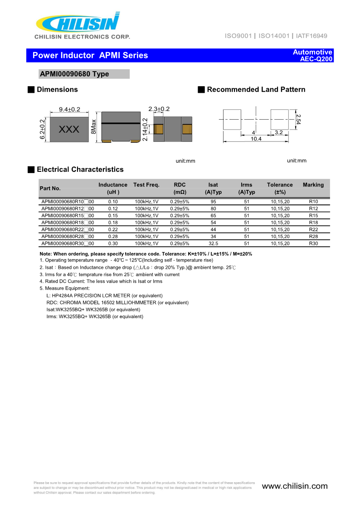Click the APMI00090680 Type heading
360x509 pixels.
[x=75, y=74]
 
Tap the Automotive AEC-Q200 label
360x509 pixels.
[x=313, y=55]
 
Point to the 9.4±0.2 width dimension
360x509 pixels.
[x=69, y=109]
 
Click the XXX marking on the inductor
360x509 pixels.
[x=69, y=130]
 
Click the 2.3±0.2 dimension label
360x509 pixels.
[x=159, y=109]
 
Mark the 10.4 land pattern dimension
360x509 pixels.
[x=256, y=139]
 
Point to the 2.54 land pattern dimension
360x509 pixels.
[x=298, y=119]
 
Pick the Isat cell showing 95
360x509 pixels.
[x=213, y=202]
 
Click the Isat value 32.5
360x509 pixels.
[x=213, y=243]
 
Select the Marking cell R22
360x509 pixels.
[x=313, y=229]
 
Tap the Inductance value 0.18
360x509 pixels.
[x=113, y=223]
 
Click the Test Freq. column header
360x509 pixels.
[x=146, y=185]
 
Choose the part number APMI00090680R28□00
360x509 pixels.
[x=68, y=237]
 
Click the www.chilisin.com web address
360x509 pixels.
[x=295, y=486]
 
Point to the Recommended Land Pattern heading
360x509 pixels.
[x=256, y=90]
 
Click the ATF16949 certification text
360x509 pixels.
[x=311, y=36]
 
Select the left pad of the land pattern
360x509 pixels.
[x=232, y=119]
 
